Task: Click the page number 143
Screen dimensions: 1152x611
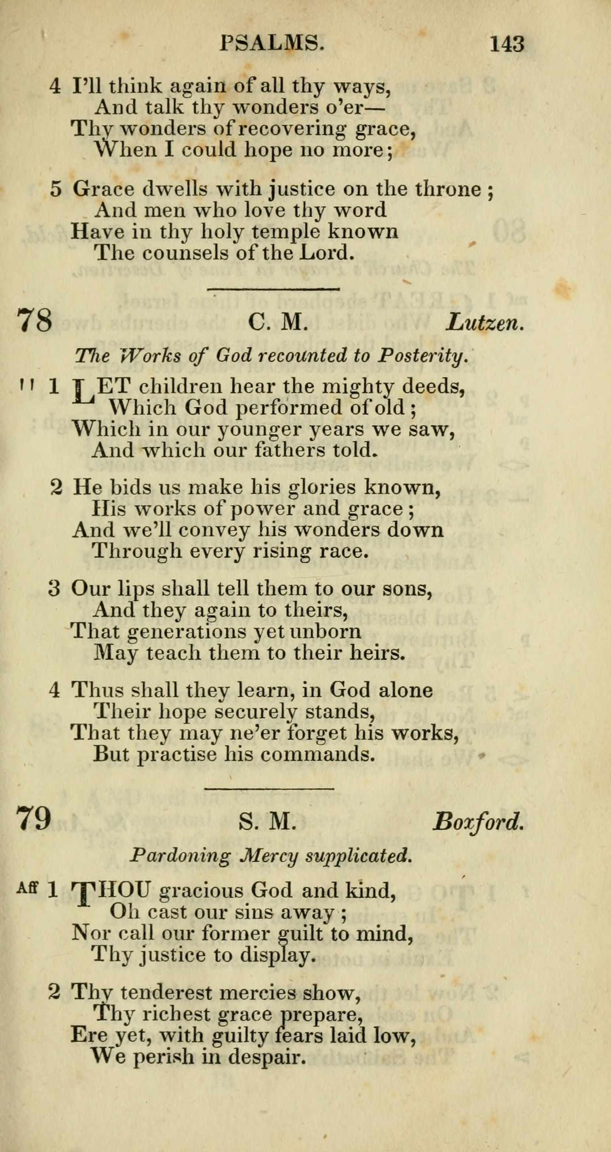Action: coord(506,44)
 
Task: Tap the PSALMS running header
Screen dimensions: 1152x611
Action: coord(272,44)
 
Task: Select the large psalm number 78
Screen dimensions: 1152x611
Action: coord(34,321)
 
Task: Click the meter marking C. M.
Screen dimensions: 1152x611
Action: coord(277,322)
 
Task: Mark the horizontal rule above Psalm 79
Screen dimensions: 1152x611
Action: coord(269,788)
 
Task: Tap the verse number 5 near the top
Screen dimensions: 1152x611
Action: coord(55,189)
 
